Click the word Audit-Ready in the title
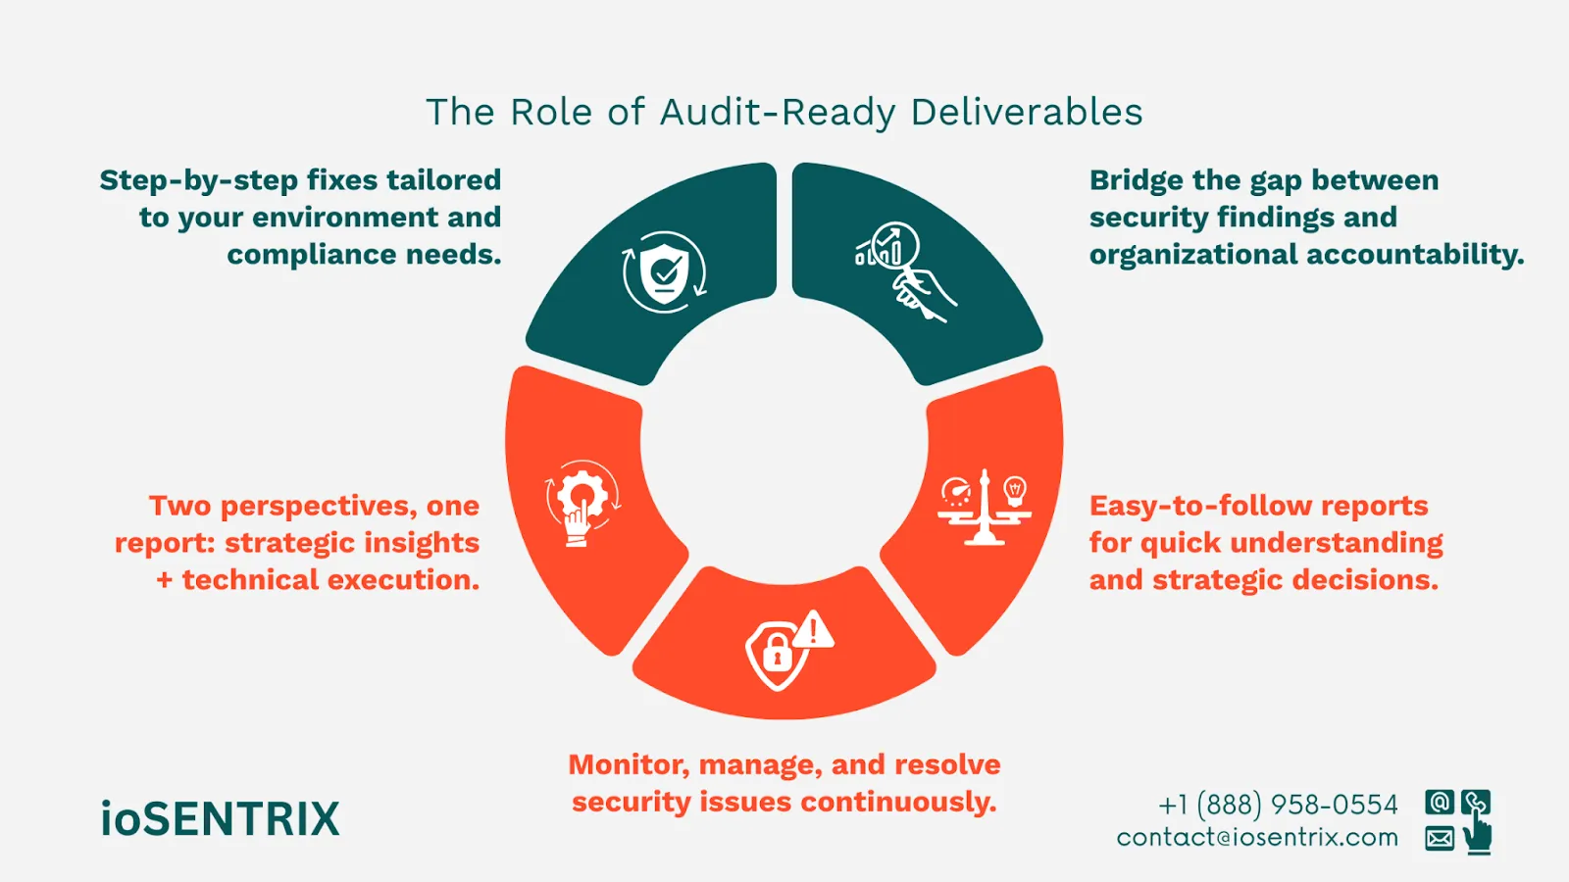(778, 113)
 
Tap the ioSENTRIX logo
(220, 819)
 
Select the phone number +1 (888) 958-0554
(1278, 805)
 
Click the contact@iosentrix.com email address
(1257, 838)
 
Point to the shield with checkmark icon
(665, 271)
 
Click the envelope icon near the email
(1439, 838)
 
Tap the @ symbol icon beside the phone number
(1439, 803)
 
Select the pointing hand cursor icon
(1477, 833)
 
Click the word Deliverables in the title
(1026, 113)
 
